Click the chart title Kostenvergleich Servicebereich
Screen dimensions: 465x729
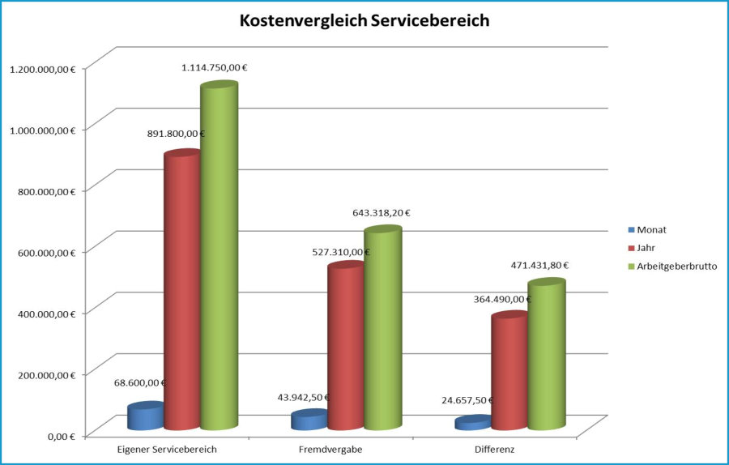[364, 21]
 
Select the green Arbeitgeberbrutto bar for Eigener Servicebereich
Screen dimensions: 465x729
[219, 259]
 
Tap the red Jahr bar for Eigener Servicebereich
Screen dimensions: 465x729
[181, 292]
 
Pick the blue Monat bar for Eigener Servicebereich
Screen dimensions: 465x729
[146, 416]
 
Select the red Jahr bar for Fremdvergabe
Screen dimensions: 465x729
[346, 348]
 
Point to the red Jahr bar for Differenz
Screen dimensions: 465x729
[509, 373]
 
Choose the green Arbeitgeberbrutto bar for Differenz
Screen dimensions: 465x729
[546, 356]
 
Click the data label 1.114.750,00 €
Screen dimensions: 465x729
[215, 68]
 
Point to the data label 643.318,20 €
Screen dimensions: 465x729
[382, 213]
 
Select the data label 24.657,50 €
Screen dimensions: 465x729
[467, 400]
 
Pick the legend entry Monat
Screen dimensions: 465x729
[651, 230]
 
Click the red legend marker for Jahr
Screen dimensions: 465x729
[631, 248]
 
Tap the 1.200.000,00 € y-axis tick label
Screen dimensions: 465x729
[42, 70]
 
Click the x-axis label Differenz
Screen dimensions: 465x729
[495, 448]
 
